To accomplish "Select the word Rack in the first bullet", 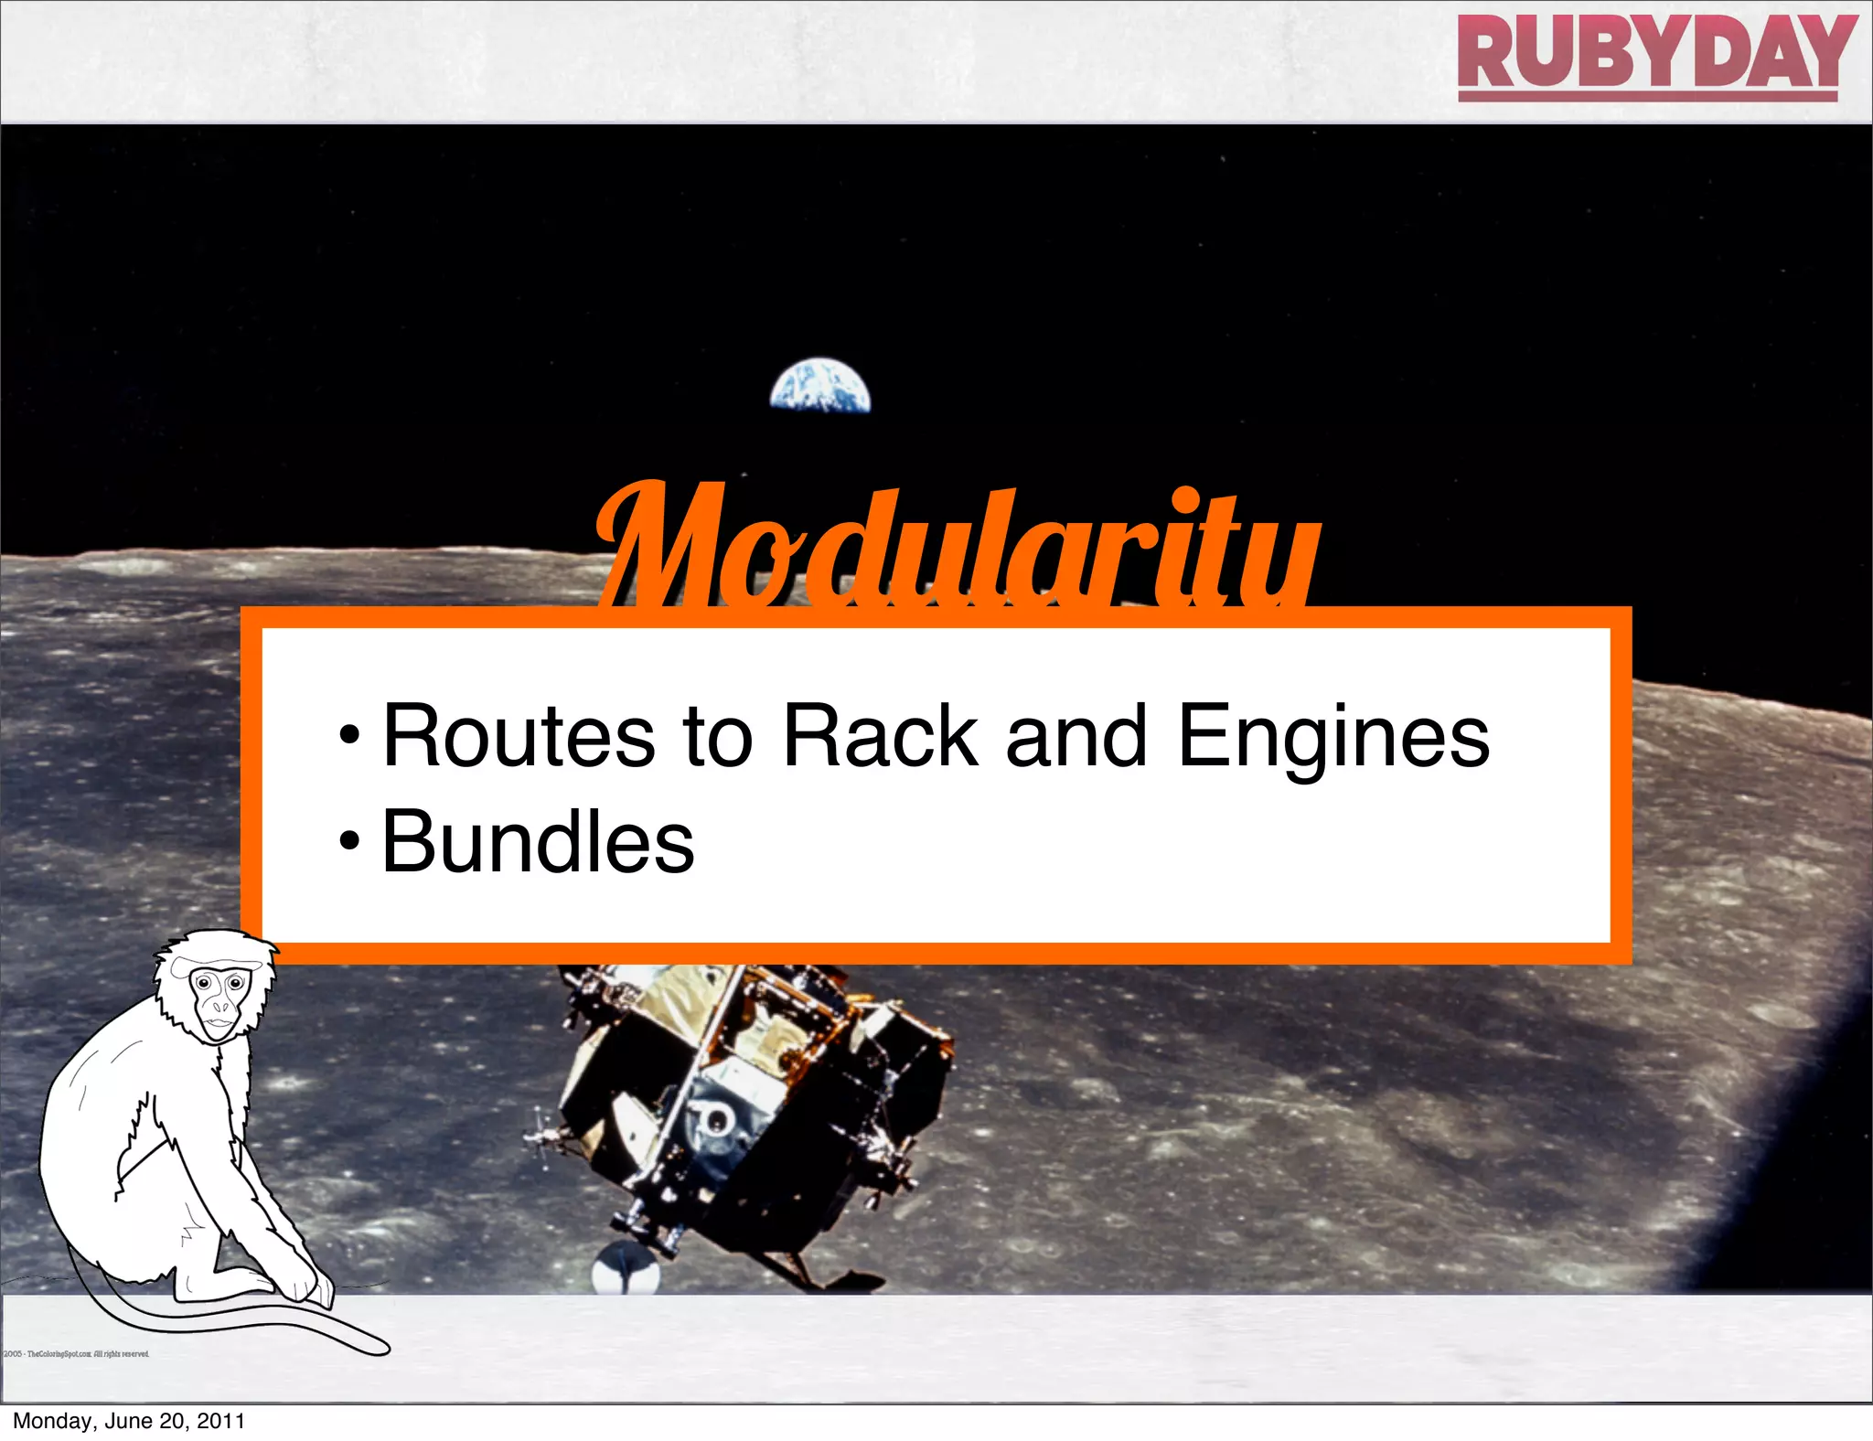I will pos(881,736).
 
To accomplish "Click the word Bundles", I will pos(538,842).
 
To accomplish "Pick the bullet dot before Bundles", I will pos(348,842).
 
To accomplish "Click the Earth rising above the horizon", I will pos(819,387).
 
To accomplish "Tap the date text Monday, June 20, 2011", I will pos(129,1421).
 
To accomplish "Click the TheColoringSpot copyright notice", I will pos(78,1354).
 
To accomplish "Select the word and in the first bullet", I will pos(1076,736).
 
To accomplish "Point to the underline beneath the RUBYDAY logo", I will pos(1647,95).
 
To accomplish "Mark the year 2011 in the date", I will pos(220,1421).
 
